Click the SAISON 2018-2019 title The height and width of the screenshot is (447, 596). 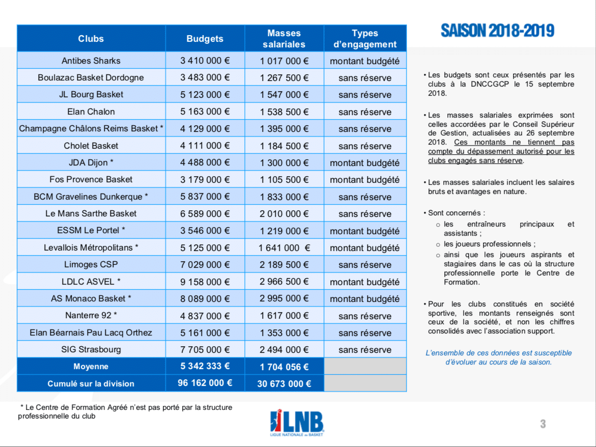pos(497,31)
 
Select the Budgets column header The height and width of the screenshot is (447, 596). pos(205,39)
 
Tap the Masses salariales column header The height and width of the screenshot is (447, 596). pos(284,39)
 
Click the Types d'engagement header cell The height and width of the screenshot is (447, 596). pos(365,39)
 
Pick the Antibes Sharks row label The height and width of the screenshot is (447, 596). pos(91,61)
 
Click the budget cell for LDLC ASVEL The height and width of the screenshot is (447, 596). pos(205,282)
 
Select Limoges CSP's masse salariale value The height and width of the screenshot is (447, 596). pos(284,265)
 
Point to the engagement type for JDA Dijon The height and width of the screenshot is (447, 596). pos(365,163)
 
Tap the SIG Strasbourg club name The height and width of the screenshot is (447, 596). pos(91,350)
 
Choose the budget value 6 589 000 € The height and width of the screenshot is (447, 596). pos(205,214)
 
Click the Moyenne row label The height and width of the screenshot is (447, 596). pos(91,367)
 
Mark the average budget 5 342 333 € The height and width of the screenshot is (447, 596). pos(205,367)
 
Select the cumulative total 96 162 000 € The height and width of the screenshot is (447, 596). pos(205,383)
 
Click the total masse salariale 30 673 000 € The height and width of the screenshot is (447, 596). pos(284,383)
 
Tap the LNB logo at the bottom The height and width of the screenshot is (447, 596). pos(297,423)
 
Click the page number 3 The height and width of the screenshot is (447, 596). pos(543,424)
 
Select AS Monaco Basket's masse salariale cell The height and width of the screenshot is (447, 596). pos(284,299)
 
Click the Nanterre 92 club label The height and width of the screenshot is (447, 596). pos(91,316)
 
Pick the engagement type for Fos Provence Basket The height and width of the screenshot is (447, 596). pos(365,180)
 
